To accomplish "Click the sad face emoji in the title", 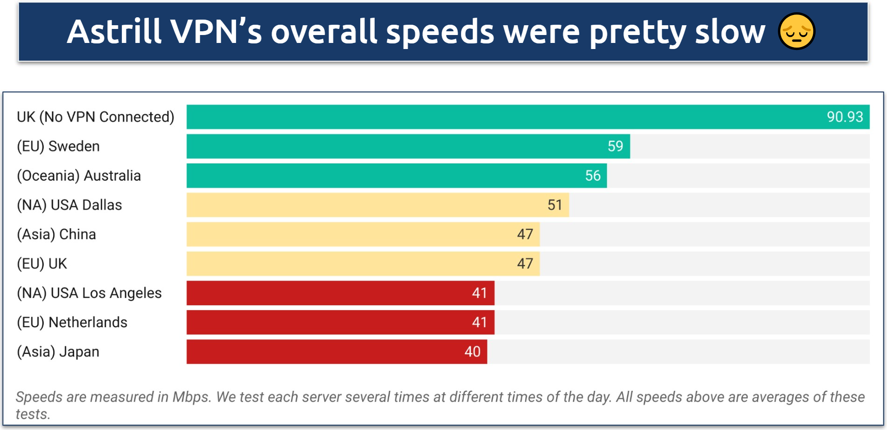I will click(796, 32).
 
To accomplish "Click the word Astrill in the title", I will click(114, 32).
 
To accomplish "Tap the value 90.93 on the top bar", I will click(845, 117).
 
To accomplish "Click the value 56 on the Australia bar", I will click(593, 176).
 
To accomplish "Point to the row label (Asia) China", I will click(56, 234).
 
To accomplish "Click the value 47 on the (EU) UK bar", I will click(525, 264).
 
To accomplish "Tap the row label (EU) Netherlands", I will click(72, 323).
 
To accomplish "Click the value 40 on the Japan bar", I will click(472, 352).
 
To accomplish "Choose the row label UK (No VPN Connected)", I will click(96, 117).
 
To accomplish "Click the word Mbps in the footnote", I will click(191, 397).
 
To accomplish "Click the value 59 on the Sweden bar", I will click(615, 146).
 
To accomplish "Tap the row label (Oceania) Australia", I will click(79, 176).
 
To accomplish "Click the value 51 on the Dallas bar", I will click(554, 205).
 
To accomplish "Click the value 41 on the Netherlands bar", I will click(479, 323).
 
